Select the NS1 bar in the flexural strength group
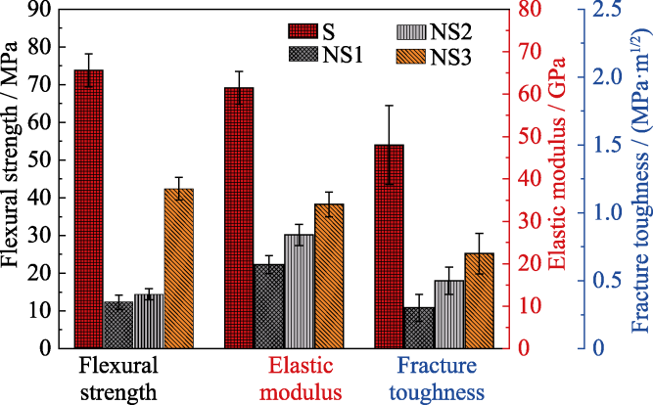pos(118,324)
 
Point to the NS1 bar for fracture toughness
pos(419,327)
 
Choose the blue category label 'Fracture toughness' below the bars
pos(441,381)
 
